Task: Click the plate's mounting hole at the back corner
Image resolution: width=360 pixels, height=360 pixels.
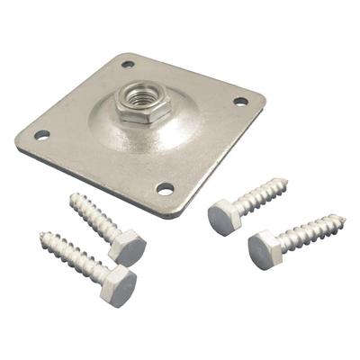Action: click(x=129, y=64)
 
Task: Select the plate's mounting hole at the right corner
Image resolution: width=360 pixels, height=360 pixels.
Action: click(x=240, y=102)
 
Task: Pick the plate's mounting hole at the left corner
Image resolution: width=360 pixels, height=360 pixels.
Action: click(x=41, y=135)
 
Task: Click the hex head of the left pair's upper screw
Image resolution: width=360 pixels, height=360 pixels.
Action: click(x=129, y=247)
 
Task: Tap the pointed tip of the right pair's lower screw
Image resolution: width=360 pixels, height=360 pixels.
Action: click(x=346, y=218)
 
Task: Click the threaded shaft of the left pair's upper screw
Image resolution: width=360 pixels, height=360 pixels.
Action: click(x=96, y=219)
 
